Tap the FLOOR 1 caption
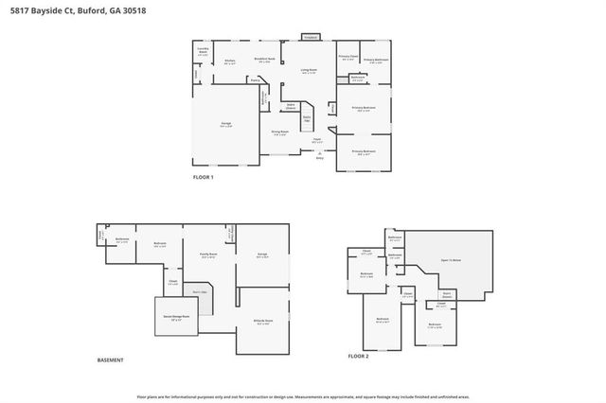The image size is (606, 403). tap(204, 178)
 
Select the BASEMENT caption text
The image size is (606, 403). tap(111, 360)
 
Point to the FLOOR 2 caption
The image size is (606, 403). tap(357, 355)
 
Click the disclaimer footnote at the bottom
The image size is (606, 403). tap(302, 396)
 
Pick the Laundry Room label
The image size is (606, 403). tap(202, 52)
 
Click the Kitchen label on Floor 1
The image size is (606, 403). tap(230, 62)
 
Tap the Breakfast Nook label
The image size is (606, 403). tap(266, 60)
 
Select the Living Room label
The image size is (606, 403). tap(309, 71)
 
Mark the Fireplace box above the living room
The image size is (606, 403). tap(310, 37)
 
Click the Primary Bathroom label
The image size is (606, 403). tap(376, 61)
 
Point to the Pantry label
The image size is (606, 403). tap(255, 80)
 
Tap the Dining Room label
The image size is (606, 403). tap(281, 132)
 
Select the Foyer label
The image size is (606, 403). tap(316, 140)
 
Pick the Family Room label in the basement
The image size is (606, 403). tap(206, 254)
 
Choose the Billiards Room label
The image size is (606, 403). tap(264, 322)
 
